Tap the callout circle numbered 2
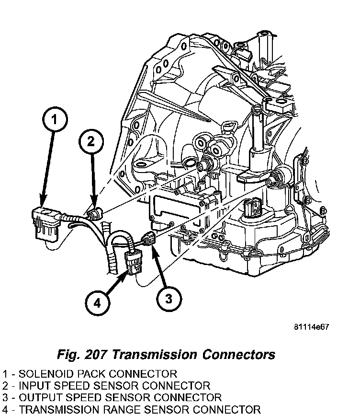click(x=91, y=141)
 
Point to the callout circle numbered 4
click(x=98, y=302)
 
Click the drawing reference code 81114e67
click(x=312, y=328)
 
